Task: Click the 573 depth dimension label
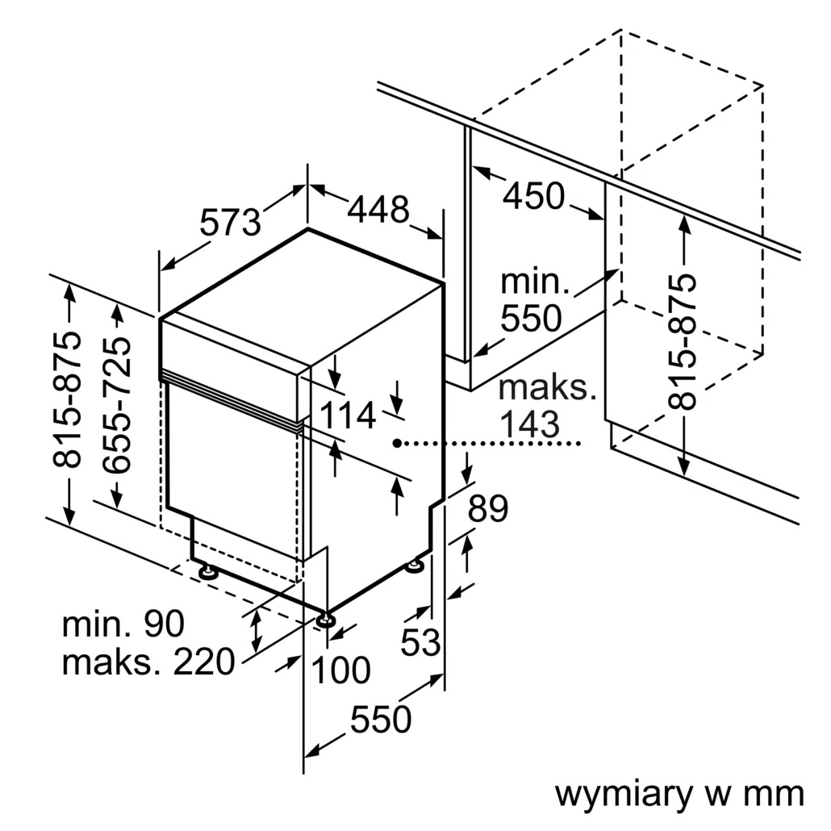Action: coord(231,222)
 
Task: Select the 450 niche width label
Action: coord(533,196)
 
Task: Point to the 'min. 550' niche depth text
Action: coord(532,300)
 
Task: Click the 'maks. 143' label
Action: coord(545,405)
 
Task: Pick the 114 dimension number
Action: coord(349,416)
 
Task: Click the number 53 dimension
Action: coord(422,642)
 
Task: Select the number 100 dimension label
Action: coord(340,670)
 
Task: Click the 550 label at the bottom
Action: coord(381,719)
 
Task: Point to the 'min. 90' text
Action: coord(123,624)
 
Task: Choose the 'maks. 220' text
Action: coord(148,662)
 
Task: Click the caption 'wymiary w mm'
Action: coord(679,794)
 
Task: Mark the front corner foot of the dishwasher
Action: coord(326,620)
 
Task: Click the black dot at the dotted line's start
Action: coord(398,443)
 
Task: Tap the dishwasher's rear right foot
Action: coord(415,566)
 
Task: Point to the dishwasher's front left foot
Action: coord(208,572)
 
